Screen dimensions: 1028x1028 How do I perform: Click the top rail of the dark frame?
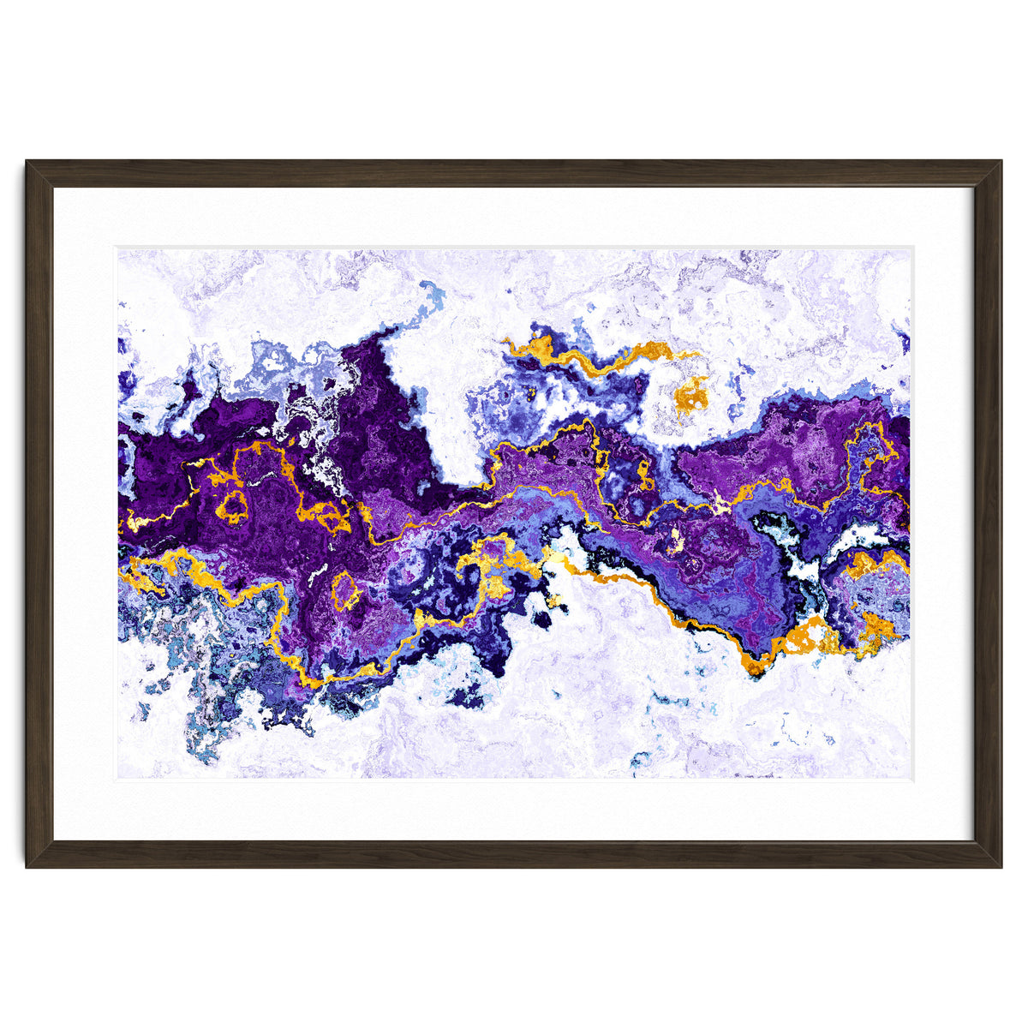point(514,173)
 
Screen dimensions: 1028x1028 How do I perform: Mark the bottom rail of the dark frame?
point(514,854)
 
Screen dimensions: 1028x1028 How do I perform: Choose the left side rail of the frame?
point(39,514)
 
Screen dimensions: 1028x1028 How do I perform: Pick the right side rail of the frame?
point(988,514)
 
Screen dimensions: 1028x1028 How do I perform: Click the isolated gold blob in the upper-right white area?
point(690,395)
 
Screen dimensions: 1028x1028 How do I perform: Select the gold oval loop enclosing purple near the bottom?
point(345,590)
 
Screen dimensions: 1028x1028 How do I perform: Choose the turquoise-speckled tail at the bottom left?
point(204,737)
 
